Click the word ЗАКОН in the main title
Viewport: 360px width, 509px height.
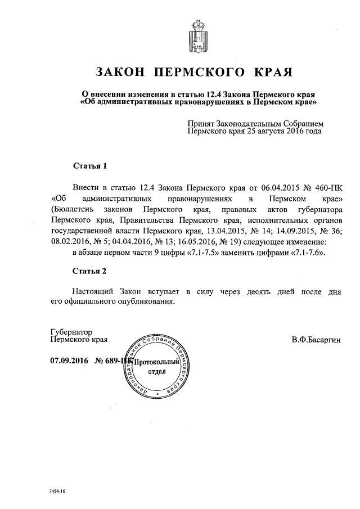coord(123,73)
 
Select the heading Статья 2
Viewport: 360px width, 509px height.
coord(90,272)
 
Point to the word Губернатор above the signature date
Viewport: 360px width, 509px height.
coord(71,332)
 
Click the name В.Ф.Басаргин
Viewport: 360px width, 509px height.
coord(316,340)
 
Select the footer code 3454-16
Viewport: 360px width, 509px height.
coord(57,491)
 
